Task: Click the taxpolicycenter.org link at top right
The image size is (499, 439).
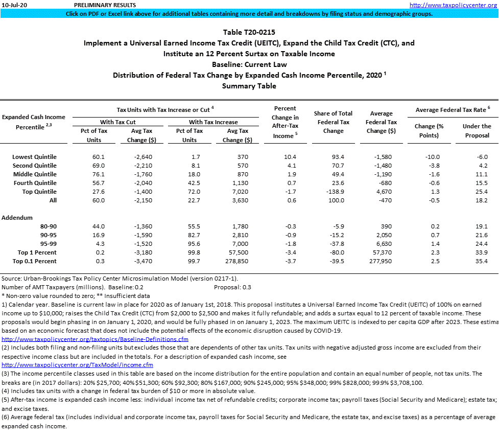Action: (x=453, y=5)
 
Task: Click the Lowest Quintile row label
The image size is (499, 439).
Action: (x=34, y=157)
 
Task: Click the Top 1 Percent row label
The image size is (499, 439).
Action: (x=37, y=252)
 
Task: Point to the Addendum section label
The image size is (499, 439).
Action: (x=17, y=218)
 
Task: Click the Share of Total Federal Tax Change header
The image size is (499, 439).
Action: (x=333, y=122)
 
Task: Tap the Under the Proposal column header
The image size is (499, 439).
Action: (x=477, y=131)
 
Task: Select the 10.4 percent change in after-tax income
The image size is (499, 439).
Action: (x=290, y=157)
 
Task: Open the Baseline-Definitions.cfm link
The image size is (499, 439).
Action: (x=95, y=339)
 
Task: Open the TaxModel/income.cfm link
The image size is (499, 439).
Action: (x=78, y=365)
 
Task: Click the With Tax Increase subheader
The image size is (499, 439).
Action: (x=213, y=122)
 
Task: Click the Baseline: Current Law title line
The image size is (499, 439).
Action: (x=249, y=64)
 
